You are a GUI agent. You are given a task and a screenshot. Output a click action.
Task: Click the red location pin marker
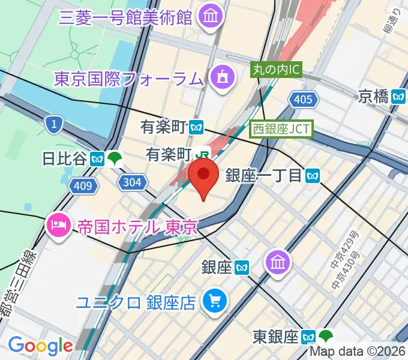[x=203, y=178]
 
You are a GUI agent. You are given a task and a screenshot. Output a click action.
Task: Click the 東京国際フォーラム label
[x=129, y=78]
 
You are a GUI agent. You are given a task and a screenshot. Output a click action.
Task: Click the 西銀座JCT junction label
[x=281, y=128]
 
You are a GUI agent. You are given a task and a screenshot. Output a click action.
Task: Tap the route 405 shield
[x=303, y=99]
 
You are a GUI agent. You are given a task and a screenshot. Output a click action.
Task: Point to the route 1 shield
[x=54, y=125]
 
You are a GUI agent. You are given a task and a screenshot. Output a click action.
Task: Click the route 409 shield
[x=83, y=186]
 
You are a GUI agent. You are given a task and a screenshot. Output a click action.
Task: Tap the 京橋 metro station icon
[x=398, y=95]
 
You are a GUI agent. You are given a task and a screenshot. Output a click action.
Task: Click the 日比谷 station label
[x=65, y=159]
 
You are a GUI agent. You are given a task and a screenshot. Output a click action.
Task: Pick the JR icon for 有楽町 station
[x=205, y=154]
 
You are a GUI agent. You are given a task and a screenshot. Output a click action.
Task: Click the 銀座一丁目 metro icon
[x=312, y=175]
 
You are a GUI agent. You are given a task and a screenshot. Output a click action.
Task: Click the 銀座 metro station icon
[x=242, y=267]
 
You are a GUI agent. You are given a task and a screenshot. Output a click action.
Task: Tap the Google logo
[x=40, y=345]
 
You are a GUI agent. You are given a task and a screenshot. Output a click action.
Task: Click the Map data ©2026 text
[x=358, y=352]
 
